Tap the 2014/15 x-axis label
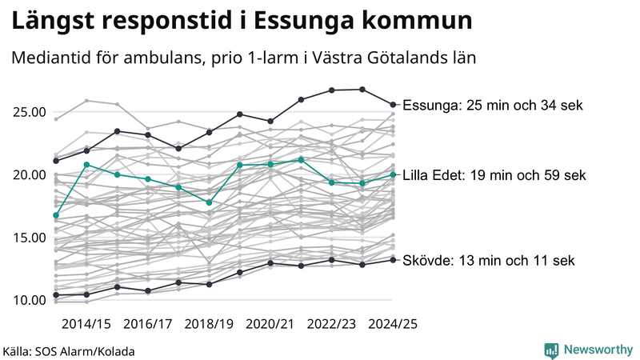tap(86, 324)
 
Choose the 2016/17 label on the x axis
tap(147, 324)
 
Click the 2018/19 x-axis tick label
tap(209, 324)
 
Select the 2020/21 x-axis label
tap(270, 324)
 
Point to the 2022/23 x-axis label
tap(332, 324)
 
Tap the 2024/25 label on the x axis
tap(393, 324)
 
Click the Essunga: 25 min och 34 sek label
tap(493, 106)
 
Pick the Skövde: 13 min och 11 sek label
tap(489, 261)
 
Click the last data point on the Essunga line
tap(393, 104)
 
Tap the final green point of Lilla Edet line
tap(393, 174)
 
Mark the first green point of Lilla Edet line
tap(55, 215)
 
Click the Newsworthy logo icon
tap(551, 350)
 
